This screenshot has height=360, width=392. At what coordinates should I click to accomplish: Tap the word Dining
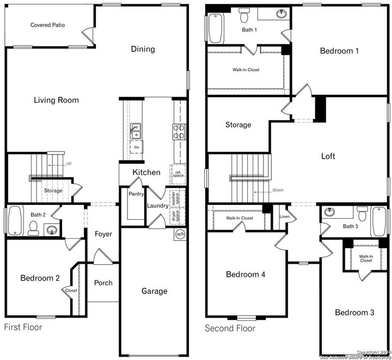point(143,49)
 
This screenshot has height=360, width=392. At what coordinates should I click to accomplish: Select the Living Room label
point(56,100)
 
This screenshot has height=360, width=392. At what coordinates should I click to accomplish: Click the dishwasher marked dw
point(136,147)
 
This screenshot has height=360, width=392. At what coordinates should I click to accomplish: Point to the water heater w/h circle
point(180,234)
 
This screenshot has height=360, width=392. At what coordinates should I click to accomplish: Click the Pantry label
point(136,194)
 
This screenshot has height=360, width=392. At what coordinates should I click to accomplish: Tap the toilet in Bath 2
point(33,227)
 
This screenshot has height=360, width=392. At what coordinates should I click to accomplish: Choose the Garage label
point(154,291)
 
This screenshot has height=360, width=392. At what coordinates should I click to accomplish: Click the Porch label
point(103,283)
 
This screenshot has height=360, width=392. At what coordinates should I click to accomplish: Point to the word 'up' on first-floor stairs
point(69,163)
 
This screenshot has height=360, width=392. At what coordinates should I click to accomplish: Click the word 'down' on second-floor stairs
point(279,190)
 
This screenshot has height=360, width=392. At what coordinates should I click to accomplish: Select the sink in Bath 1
point(282,14)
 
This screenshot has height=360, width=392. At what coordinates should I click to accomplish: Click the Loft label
point(328,156)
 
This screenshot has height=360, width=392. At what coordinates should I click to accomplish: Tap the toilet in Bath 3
point(362,213)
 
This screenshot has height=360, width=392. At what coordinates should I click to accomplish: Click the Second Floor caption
point(230,328)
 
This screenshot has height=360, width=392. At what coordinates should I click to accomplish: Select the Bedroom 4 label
point(246,274)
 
